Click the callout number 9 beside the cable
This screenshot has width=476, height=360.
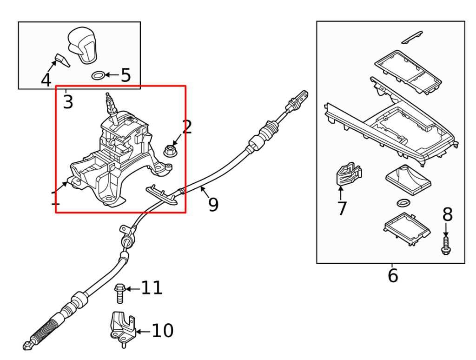click(213, 204)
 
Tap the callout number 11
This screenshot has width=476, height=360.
click(152, 288)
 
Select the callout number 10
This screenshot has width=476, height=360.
click(162, 331)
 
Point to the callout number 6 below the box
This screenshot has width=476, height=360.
click(393, 275)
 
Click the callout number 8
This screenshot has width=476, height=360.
click(447, 214)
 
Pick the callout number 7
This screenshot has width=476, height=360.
click(342, 208)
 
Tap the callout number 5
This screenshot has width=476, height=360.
click(126, 75)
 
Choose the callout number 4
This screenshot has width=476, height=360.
click(46, 80)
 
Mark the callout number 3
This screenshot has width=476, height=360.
click(68, 102)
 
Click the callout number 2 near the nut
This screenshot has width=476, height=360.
click(186, 127)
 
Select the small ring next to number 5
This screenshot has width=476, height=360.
click(98, 75)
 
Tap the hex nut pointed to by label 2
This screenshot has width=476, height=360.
click(170, 151)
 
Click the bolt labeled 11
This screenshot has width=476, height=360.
click(118, 293)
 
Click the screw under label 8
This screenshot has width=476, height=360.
click(446, 245)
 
